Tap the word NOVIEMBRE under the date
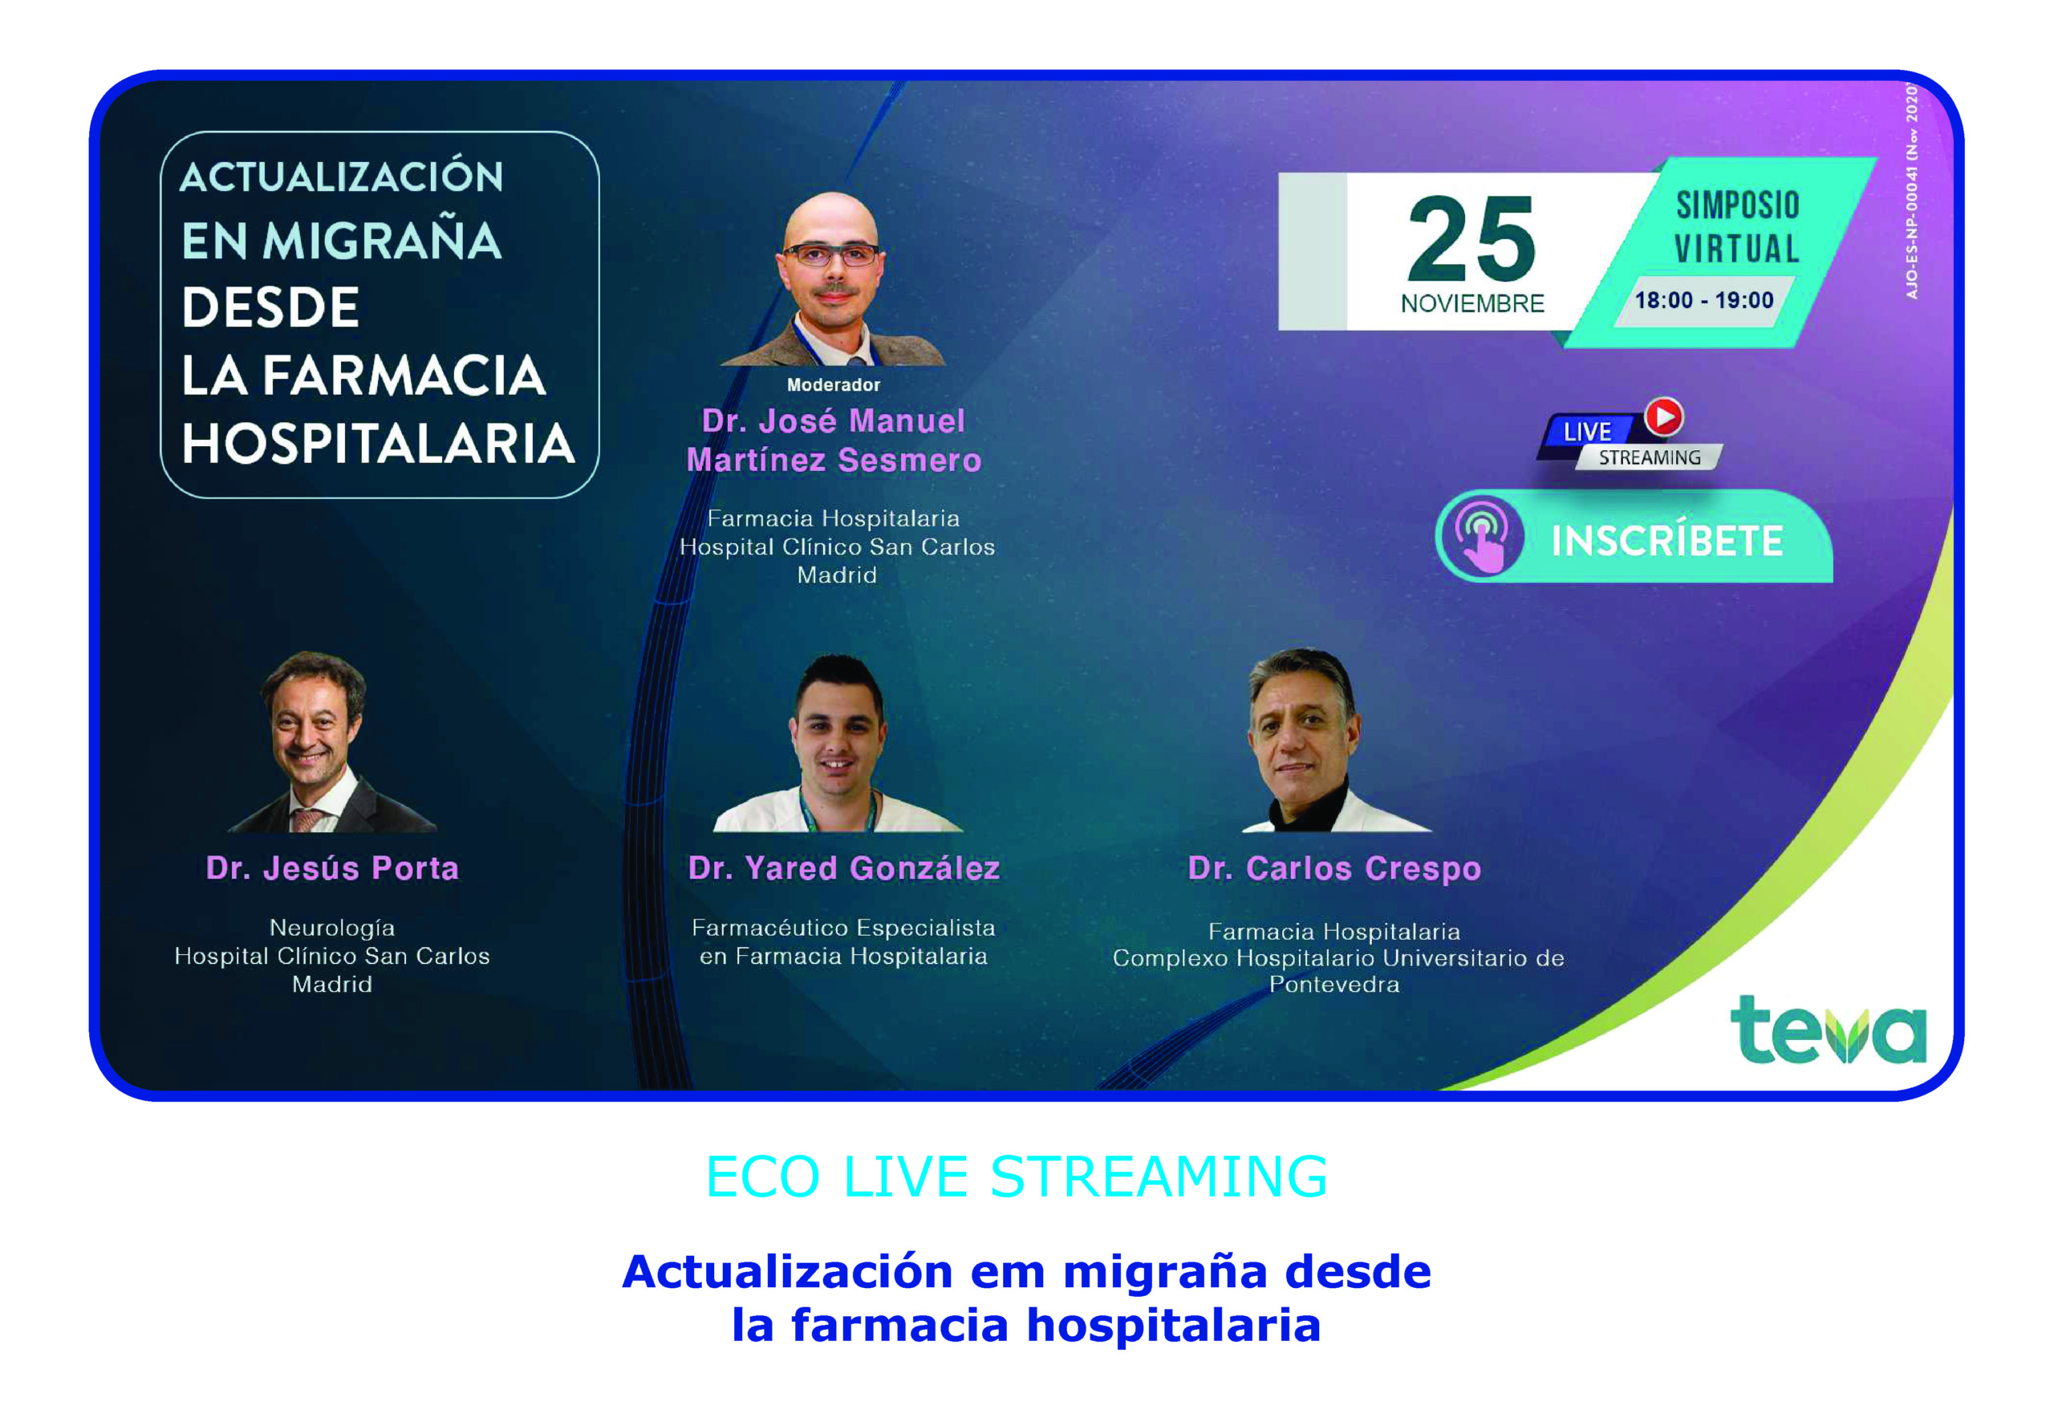pyautogui.click(x=1471, y=304)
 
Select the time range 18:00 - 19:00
pyautogui.click(x=1703, y=300)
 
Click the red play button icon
pyautogui.click(x=1664, y=416)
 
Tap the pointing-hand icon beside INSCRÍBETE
pyautogui.click(x=1481, y=536)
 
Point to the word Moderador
pyautogui.click(x=833, y=385)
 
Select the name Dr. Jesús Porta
pyautogui.click(x=332, y=867)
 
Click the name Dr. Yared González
pyautogui.click(x=843, y=867)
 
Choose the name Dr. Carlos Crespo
pyautogui.click(x=1334, y=867)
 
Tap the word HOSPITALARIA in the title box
pyautogui.click(x=378, y=444)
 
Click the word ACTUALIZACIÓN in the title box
pyautogui.click(x=342, y=176)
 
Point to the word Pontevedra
pyautogui.click(x=1334, y=985)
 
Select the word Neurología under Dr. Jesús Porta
pyautogui.click(x=332, y=928)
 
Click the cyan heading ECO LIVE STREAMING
pyautogui.click(x=1017, y=1176)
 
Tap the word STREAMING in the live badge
pyautogui.click(x=1650, y=458)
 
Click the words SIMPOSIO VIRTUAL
pyautogui.click(x=1737, y=227)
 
